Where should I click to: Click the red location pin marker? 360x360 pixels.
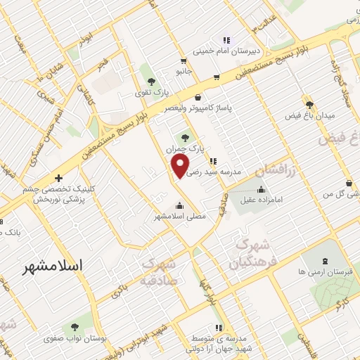click(x=181, y=166)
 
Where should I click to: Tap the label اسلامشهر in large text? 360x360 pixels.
click(x=53, y=266)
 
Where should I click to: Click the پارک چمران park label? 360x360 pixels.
click(x=189, y=150)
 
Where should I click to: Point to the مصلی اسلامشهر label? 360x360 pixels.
click(x=180, y=217)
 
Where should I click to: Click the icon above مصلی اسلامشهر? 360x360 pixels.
click(x=181, y=206)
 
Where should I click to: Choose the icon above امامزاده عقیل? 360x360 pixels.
click(x=262, y=188)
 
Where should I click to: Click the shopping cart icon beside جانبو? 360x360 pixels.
click(x=184, y=60)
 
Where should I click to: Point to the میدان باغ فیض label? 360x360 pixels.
click(x=309, y=114)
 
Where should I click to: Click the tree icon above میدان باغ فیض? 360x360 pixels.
click(x=309, y=103)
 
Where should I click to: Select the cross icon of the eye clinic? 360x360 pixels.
click(x=58, y=178)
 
